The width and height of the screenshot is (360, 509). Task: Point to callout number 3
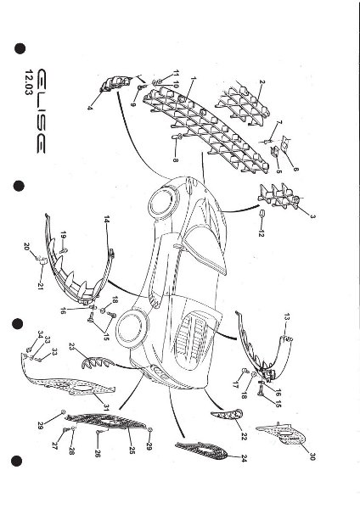(312, 217)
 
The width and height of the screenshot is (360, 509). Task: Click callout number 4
(90, 108)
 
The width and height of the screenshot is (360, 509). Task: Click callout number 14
(107, 219)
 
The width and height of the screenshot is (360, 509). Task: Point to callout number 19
(63, 234)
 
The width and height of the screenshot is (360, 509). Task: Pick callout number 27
(56, 444)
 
